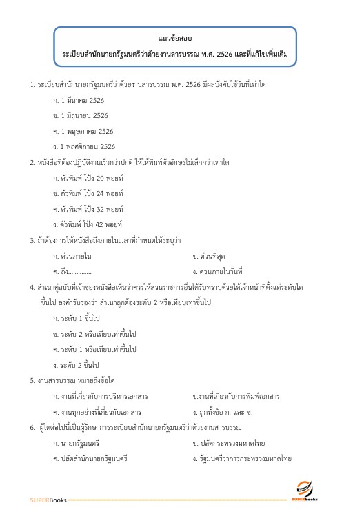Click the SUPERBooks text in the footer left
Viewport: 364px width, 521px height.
pos(48,500)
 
